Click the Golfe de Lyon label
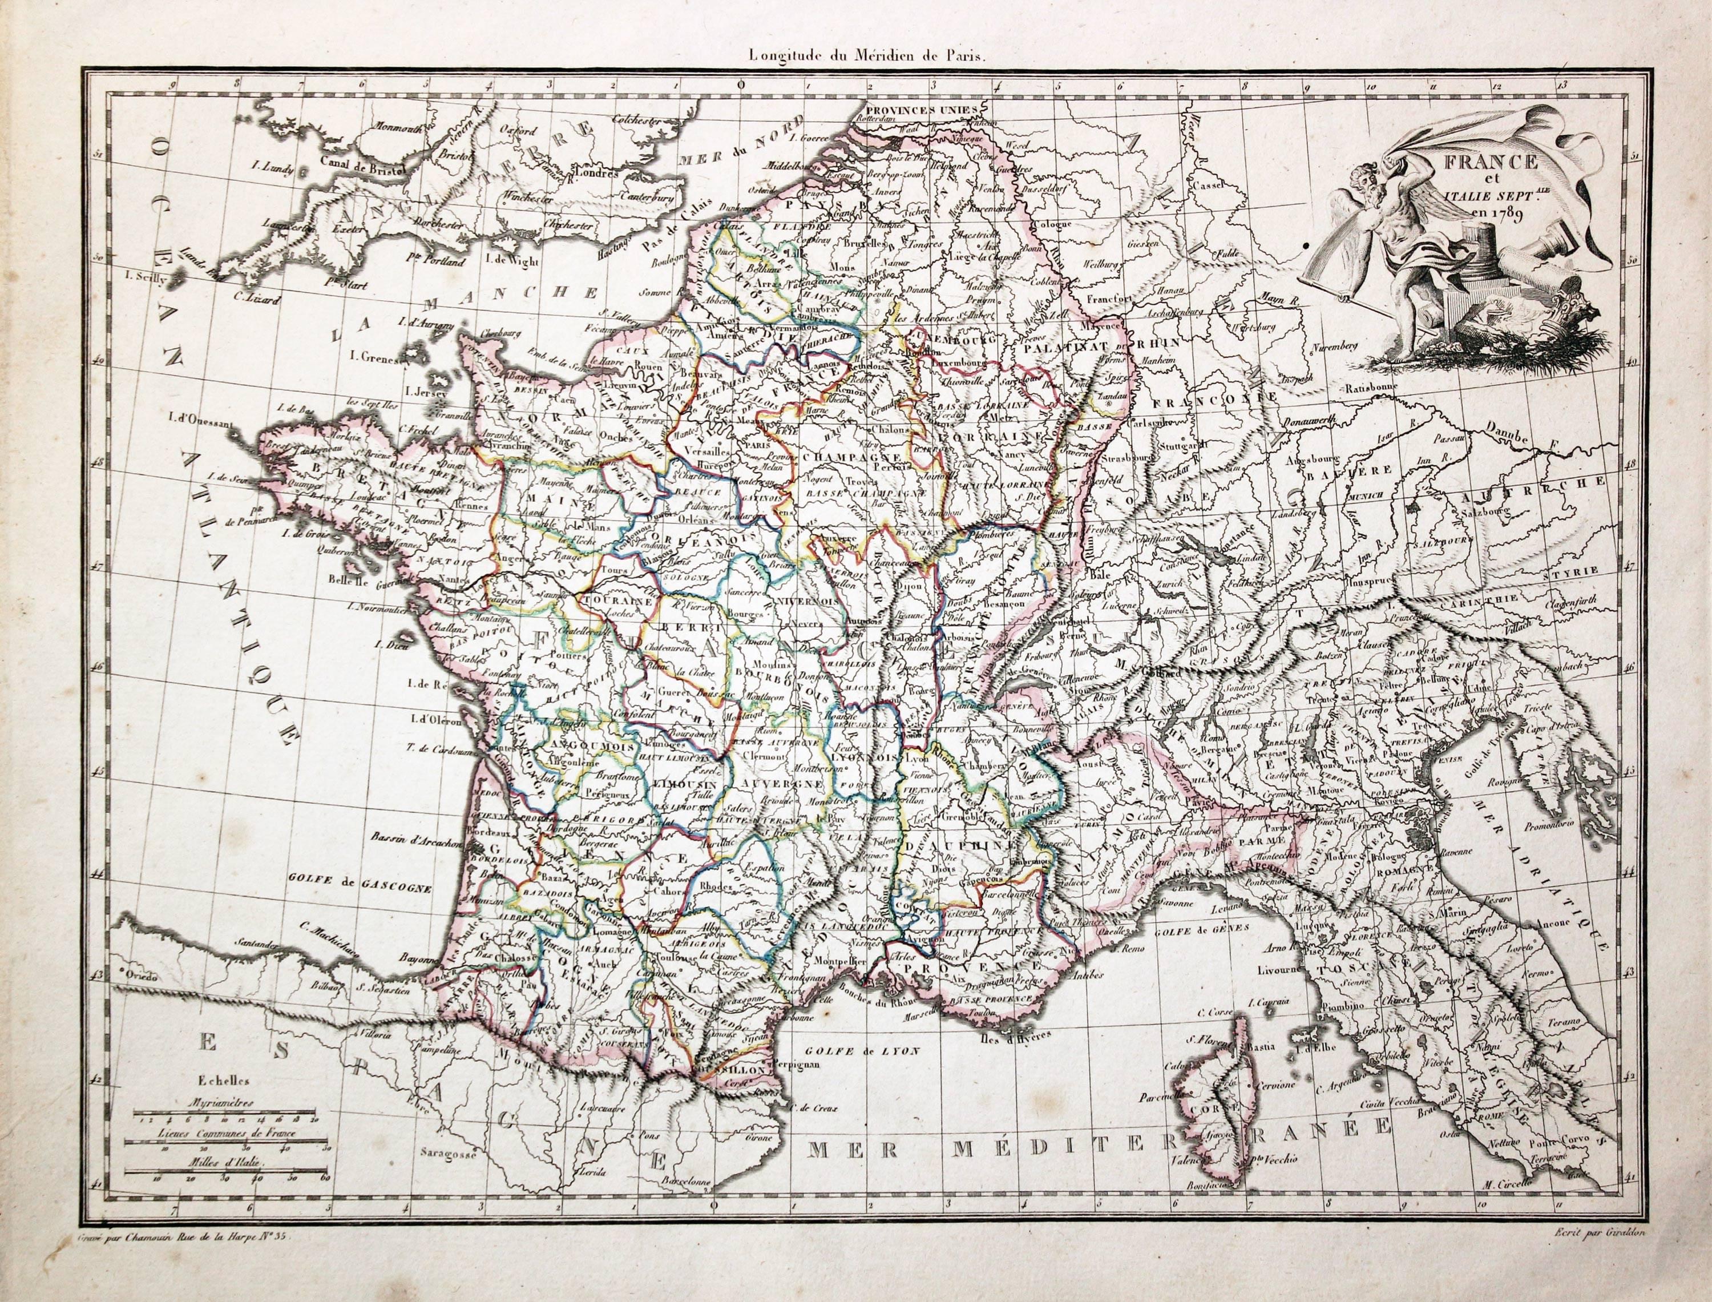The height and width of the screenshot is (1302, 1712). point(860,1053)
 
